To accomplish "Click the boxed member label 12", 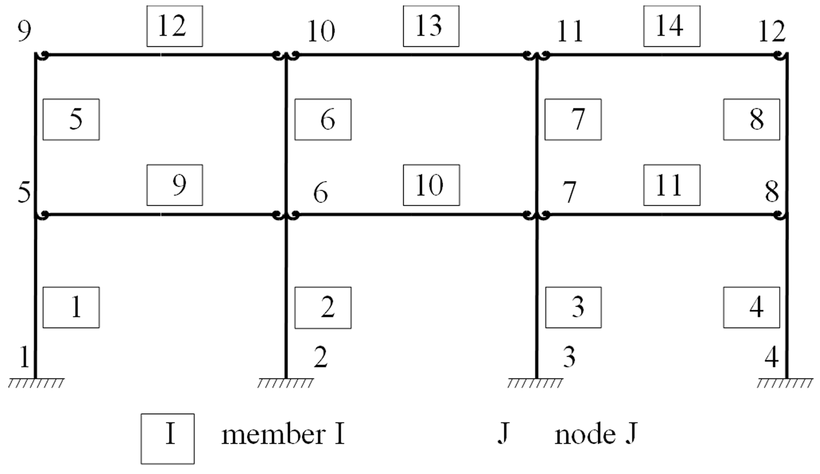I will [x=174, y=26].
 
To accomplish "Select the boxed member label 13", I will [x=431, y=26].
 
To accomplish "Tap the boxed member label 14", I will [x=672, y=26].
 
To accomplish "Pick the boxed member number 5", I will [x=71, y=119].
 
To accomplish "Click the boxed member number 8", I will [x=751, y=119].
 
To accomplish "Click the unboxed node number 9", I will [x=24, y=31].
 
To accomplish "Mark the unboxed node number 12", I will [x=772, y=31].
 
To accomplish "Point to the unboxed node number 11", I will [x=569, y=31].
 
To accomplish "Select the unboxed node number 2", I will [x=321, y=358].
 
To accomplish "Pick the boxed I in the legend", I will [x=168, y=439].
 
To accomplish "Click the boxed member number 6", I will [x=323, y=119].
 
